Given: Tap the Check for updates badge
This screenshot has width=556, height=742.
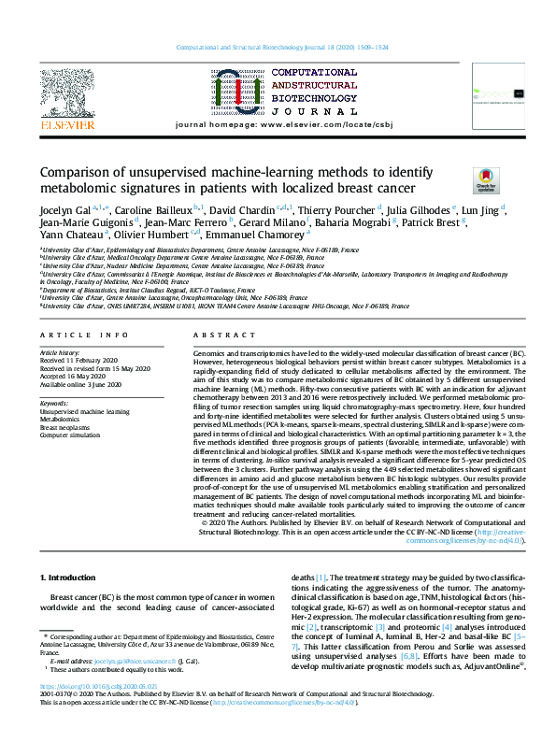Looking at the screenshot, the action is click(x=486, y=179).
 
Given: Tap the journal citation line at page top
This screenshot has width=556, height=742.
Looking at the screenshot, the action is click(x=278, y=49).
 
